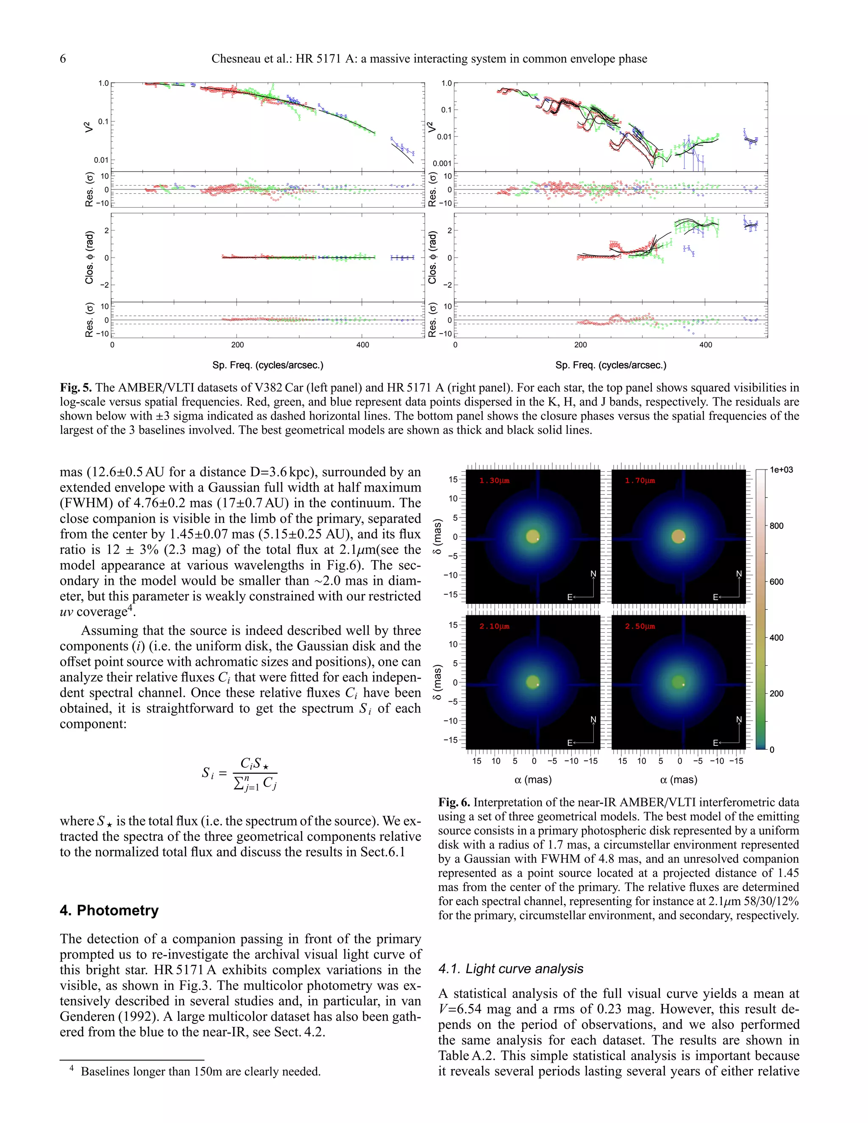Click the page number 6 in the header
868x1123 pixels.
click(63, 58)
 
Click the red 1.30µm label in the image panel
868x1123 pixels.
click(494, 481)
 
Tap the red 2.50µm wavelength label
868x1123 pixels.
click(640, 626)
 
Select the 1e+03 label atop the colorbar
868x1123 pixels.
click(781, 470)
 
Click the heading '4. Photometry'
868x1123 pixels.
click(109, 910)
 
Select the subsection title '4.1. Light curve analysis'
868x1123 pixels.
click(511, 969)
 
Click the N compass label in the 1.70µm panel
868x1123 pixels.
click(739, 574)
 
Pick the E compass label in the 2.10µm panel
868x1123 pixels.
click(570, 743)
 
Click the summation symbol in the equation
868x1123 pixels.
click(239, 784)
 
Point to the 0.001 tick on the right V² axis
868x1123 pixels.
click(442, 164)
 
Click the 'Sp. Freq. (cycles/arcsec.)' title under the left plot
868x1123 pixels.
click(267, 365)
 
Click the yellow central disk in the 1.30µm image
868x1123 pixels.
click(533, 536)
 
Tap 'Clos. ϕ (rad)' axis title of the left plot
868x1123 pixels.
click(89, 257)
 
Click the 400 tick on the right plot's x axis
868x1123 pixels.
click(706, 345)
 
